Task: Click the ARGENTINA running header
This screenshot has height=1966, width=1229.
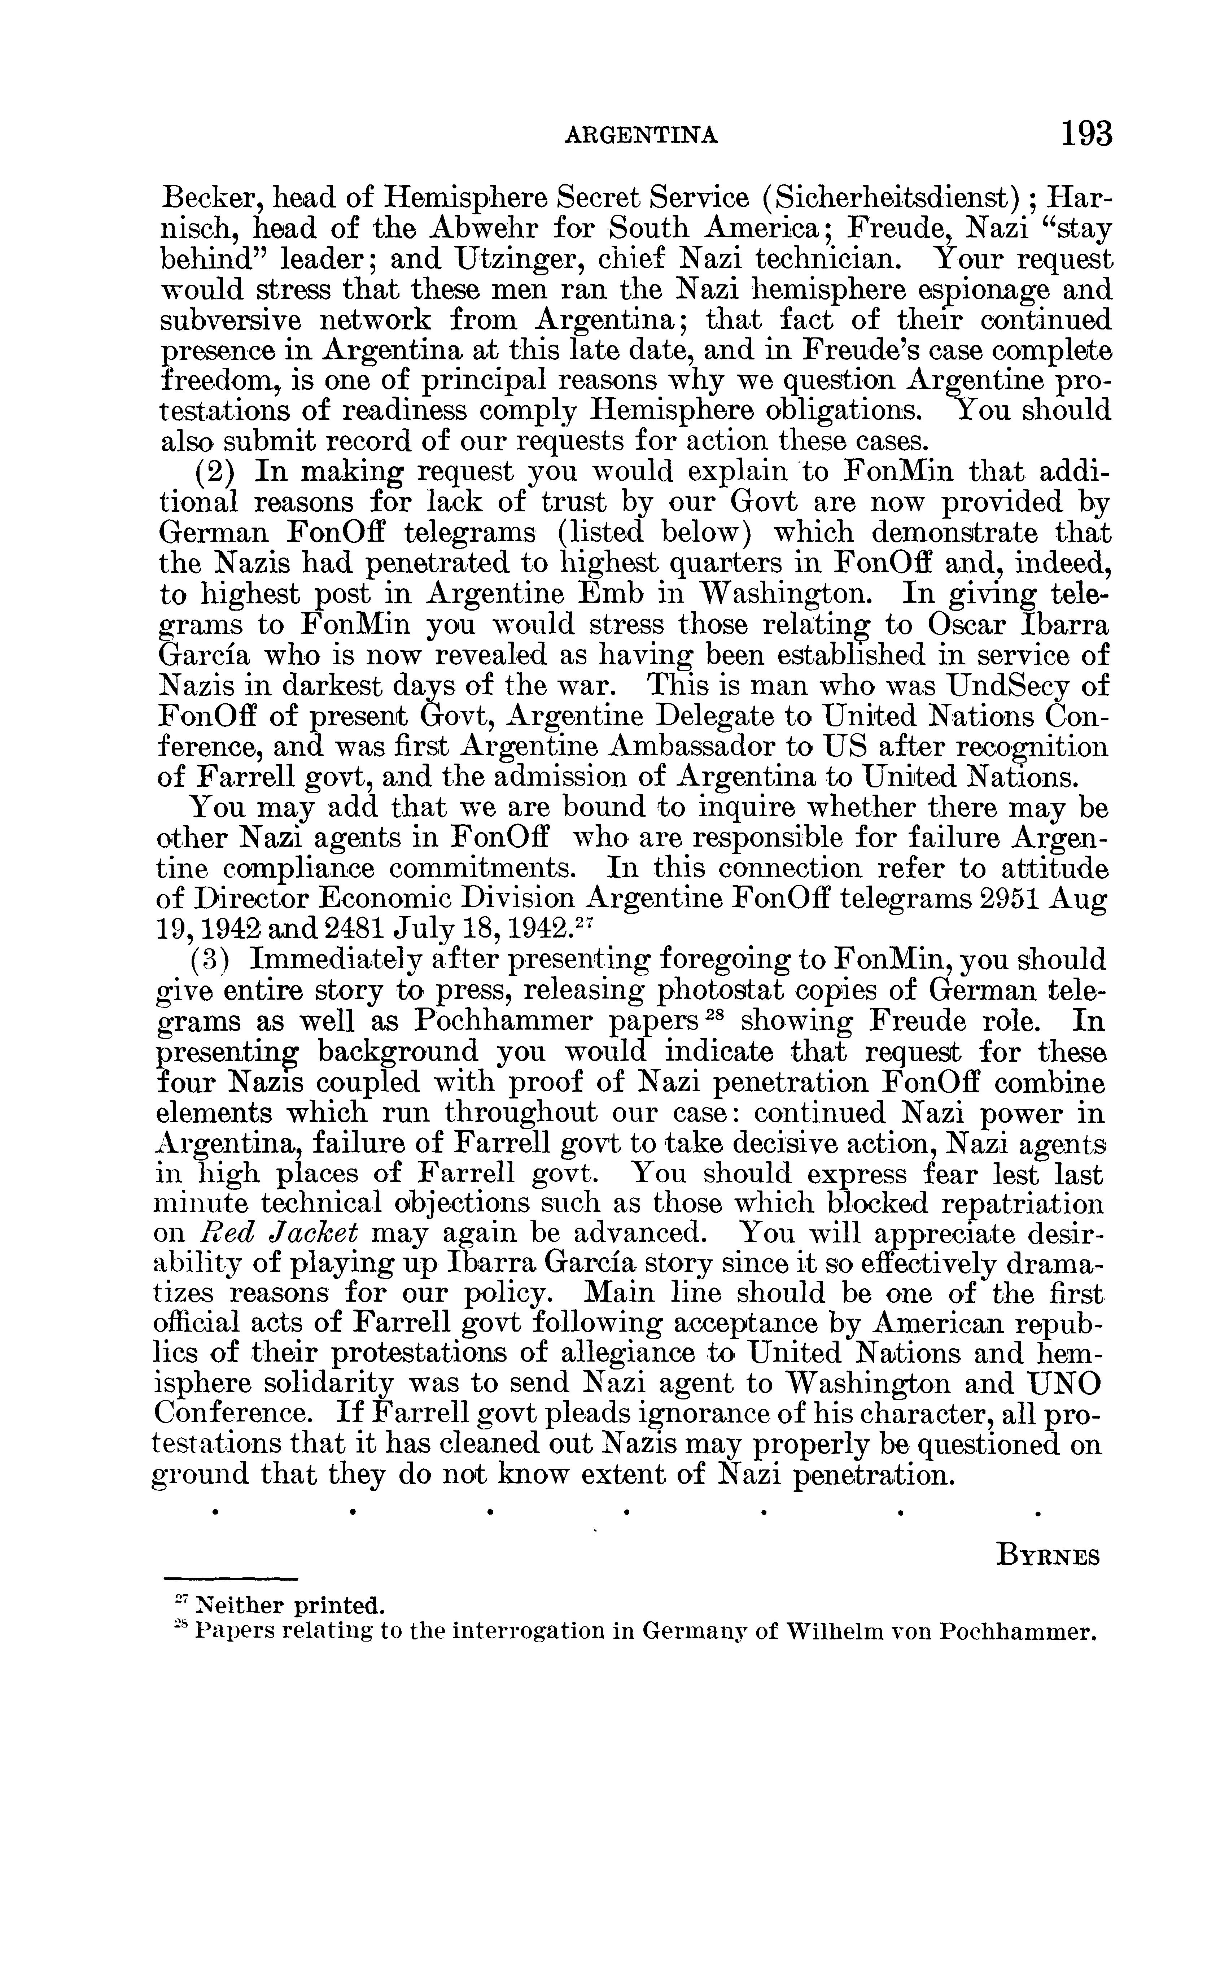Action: click(x=641, y=136)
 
